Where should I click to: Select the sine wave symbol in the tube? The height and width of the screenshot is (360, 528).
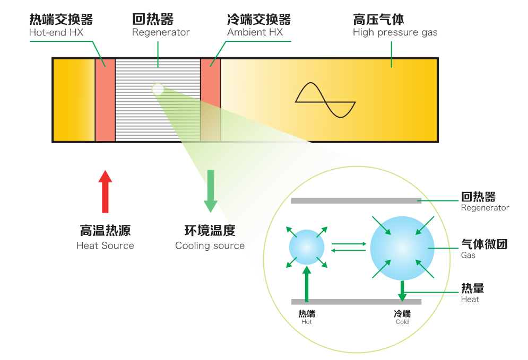[325, 100]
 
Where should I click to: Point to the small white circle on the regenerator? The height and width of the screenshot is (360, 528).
[158, 89]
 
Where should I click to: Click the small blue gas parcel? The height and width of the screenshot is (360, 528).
[306, 247]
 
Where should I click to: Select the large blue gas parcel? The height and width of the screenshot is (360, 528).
[402, 248]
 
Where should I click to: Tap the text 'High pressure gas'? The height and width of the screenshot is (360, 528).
[395, 32]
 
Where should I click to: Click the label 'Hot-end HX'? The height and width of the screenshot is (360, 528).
[56, 32]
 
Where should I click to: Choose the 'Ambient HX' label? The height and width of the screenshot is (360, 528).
[255, 32]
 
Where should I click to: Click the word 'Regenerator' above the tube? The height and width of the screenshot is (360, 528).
[161, 32]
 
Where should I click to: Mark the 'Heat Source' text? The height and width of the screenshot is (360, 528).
[105, 245]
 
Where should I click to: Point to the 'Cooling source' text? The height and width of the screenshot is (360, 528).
[210, 245]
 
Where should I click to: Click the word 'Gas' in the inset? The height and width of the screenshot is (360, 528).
[468, 255]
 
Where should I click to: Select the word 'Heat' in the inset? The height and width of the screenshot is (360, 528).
[470, 299]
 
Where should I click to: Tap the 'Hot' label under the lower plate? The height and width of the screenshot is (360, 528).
[307, 322]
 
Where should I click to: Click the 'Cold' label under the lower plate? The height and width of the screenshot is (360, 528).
[402, 322]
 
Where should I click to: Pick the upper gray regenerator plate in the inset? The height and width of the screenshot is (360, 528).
[356, 200]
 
